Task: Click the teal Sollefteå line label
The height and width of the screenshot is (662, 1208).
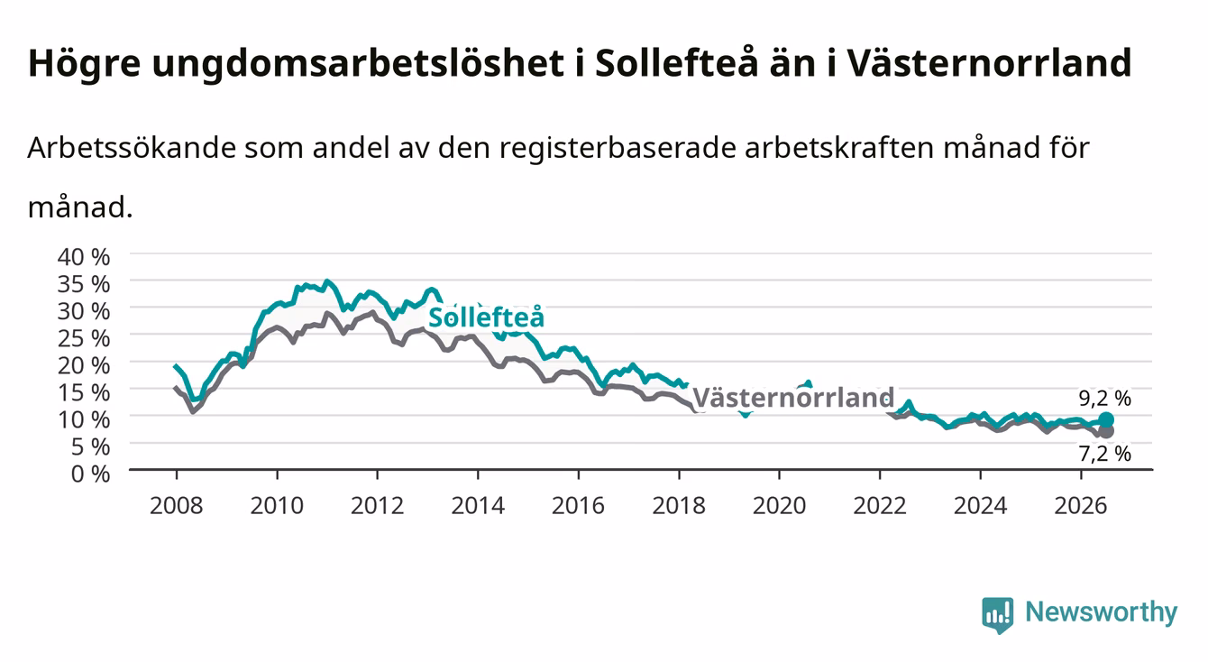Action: pos(486,317)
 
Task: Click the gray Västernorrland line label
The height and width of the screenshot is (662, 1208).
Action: pos(792,398)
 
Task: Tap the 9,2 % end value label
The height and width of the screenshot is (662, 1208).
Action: pos(1104,398)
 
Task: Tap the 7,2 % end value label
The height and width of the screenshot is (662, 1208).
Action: pos(1104,454)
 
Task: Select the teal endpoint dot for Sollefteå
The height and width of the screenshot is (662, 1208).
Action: pos(1105,419)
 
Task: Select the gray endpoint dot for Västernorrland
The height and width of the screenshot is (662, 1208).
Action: pos(1105,431)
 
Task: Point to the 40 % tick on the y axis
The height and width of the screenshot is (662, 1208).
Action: pos(84,257)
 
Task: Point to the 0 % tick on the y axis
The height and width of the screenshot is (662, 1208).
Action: pos(90,474)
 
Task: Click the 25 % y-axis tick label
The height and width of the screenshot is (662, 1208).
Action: pos(84,338)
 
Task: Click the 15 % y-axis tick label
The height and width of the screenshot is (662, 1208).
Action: pos(84,392)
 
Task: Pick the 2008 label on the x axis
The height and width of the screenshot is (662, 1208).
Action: pos(176,506)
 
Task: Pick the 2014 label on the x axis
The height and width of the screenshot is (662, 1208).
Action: pos(477,506)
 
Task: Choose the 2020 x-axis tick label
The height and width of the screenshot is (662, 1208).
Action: pos(779,506)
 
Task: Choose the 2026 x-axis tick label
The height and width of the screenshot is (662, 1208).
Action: pos(1080,506)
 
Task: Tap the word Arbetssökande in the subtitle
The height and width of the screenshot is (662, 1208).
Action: pos(132,148)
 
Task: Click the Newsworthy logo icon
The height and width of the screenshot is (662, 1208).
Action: pos(997,614)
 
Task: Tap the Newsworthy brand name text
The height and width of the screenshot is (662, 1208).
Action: pos(1102,612)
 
